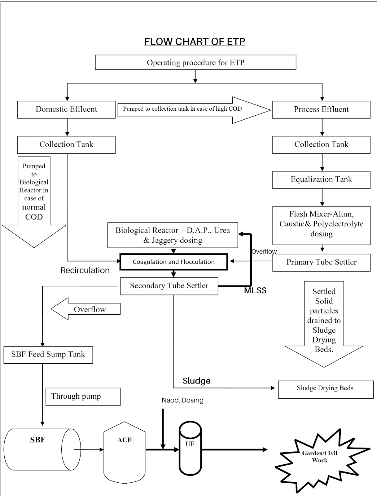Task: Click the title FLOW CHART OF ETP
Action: point(195,42)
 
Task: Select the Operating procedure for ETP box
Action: point(195,63)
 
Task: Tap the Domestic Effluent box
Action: point(66,109)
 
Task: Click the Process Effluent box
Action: point(321,109)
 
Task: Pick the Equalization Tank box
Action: point(321,179)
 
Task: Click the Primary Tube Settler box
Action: point(321,263)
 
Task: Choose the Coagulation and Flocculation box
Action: point(173,262)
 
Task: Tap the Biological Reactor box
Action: point(173,235)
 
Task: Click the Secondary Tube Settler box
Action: point(169,286)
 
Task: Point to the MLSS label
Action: point(255,290)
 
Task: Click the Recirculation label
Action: point(85,270)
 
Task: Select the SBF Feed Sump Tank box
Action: point(48,355)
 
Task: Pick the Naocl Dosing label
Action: point(182,400)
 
